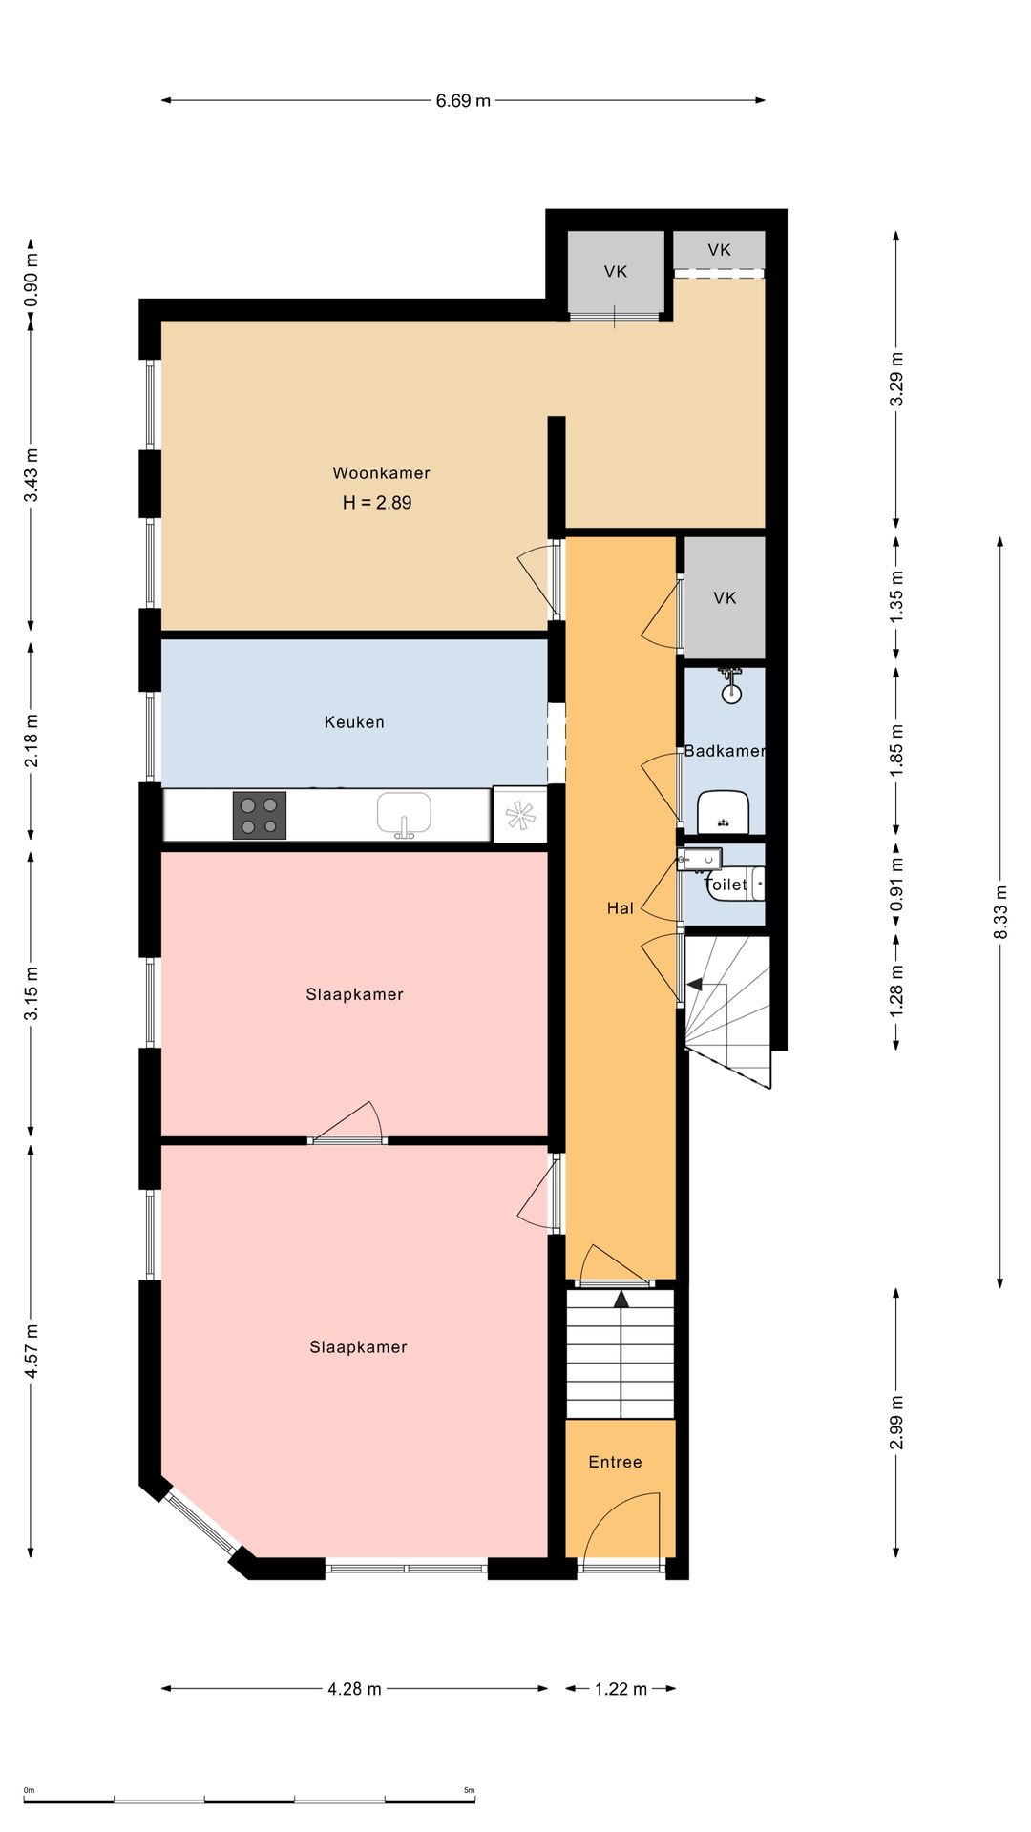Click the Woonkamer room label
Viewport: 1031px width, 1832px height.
381,472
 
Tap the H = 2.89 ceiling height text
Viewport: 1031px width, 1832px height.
377,502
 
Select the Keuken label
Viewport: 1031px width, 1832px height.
354,722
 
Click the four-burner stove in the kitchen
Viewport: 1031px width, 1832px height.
260,816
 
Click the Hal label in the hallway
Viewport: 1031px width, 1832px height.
621,908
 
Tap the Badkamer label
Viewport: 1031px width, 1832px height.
725,751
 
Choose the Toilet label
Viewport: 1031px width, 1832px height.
726,885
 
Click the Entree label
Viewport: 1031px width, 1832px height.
615,1462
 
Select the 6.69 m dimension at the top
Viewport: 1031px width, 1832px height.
463,100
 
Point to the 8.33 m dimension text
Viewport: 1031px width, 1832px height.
1000,913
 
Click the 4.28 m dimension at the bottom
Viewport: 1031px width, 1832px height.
354,1689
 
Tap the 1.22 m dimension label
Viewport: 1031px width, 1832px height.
621,1689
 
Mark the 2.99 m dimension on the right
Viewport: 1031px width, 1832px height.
896,1422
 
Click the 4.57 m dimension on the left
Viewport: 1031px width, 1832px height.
31,1351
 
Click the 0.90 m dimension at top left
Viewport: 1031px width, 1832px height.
31,278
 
